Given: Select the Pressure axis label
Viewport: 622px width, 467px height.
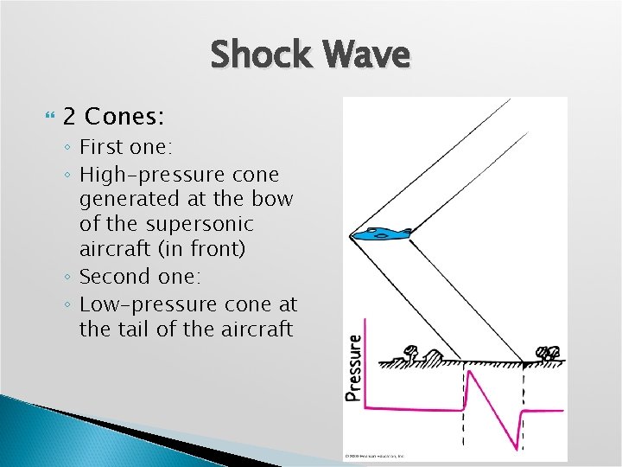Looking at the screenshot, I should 353,368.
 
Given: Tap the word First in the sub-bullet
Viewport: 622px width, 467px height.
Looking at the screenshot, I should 100,146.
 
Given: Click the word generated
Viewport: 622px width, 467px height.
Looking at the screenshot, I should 127,199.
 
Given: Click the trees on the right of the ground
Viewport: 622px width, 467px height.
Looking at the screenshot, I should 549,353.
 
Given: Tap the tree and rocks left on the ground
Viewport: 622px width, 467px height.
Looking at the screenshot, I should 418,353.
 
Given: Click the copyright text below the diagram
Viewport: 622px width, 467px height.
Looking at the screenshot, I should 375,455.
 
